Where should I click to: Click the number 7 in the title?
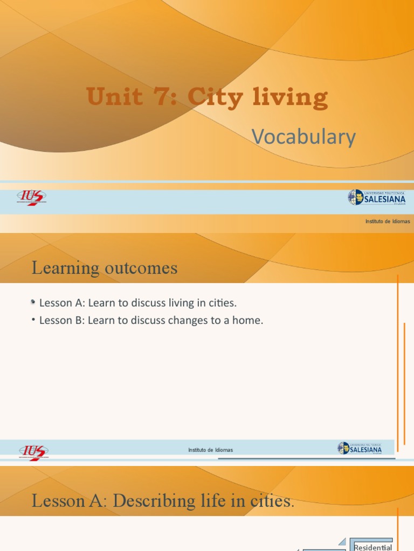pos(167,97)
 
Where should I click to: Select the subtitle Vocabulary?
pos(304,137)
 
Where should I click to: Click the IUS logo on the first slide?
pos(31,198)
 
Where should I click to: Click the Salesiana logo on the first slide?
pos(377,197)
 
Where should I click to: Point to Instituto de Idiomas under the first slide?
pos(388,221)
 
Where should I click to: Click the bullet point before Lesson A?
pos(33,303)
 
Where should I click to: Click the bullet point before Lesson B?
pos(33,320)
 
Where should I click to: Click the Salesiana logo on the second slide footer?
pos(360,448)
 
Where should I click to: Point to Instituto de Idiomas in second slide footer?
pos(211,450)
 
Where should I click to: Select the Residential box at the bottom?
pos(372,547)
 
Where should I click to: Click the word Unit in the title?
pos(116,97)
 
